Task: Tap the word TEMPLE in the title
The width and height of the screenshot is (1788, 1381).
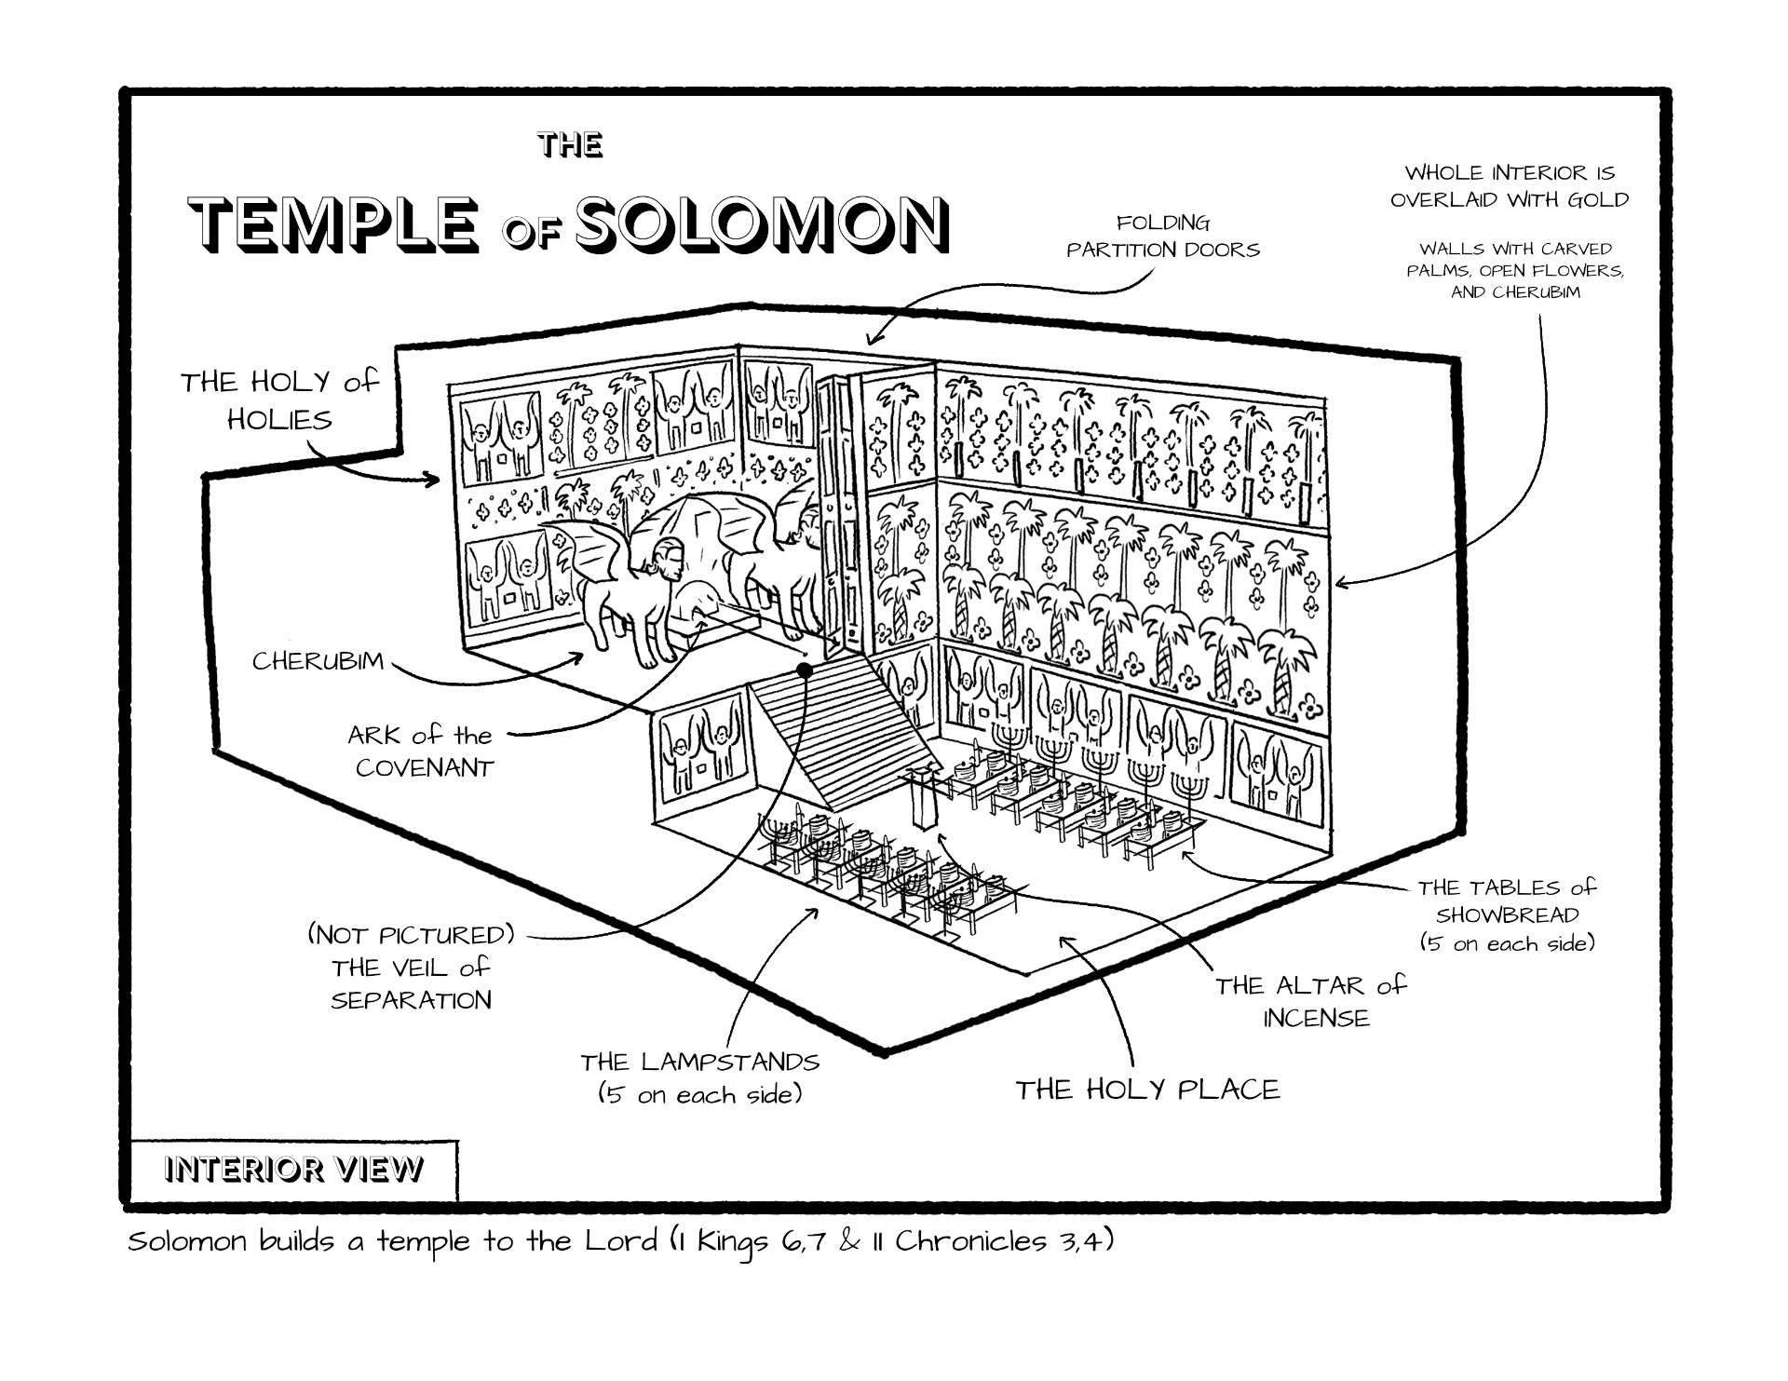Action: pyautogui.click(x=339, y=224)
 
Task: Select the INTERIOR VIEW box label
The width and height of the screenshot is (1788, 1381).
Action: pyautogui.click(x=293, y=1170)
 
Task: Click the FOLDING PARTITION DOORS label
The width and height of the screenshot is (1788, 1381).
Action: pyautogui.click(x=1163, y=237)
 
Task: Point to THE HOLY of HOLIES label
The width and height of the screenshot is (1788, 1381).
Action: pyautogui.click(x=280, y=400)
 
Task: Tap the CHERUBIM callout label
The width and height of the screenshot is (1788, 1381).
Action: pyautogui.click(x=318, y=662)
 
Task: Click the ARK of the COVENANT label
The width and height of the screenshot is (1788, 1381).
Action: pyautogui.click(x=421, y=751)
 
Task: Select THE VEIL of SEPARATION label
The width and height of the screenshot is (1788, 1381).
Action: pyautogui.click(x=411, y=968)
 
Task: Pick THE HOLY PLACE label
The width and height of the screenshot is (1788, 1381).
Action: pyautogui.click(x=1147, y=1090)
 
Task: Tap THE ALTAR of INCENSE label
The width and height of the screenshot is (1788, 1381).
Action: pyautogui.click(x=1310, y=1002)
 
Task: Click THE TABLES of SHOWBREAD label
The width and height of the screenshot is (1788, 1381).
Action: pyautogui.click(x=1507, y=915)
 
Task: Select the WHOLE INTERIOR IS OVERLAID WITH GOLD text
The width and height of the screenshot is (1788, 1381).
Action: pyautogui.click(x=1510, y=186)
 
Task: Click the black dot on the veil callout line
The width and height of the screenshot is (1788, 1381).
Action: pyautogui.click(x=805, y=670)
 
